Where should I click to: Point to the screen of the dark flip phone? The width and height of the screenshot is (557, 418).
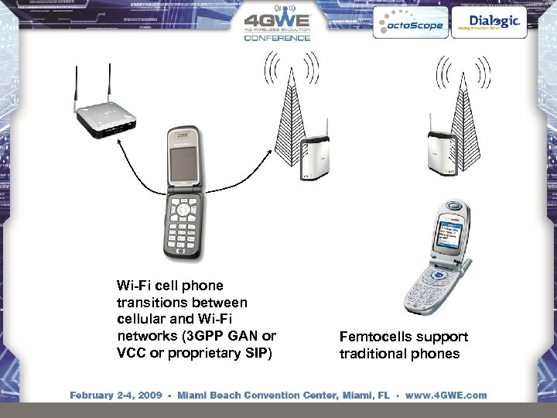[x=183, y=166]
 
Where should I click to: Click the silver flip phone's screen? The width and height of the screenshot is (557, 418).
[x=453, y=235]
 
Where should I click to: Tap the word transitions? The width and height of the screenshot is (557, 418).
[x=149, y=302]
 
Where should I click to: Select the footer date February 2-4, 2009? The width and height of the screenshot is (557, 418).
[x=116, y=395]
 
